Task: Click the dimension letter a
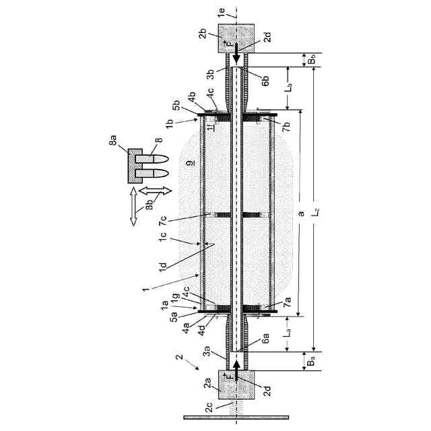301,213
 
